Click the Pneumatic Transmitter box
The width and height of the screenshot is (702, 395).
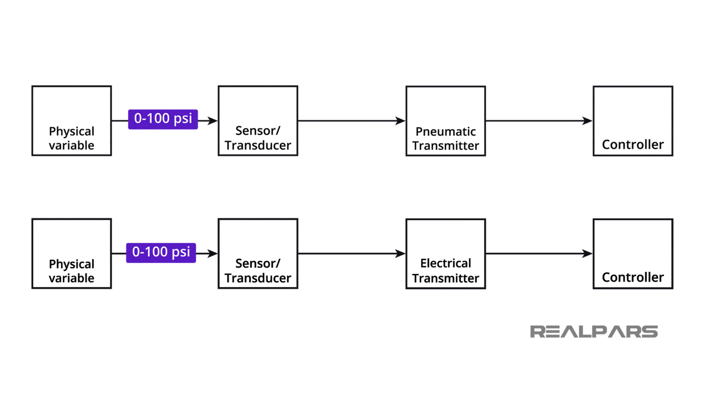tap(446, 121)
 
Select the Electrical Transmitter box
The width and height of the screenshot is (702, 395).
tap(446, 254)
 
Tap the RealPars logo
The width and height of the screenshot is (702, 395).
tap(594, 331)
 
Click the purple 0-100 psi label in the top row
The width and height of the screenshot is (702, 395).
tap(163, 119)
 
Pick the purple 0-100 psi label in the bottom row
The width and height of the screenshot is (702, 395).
tap(161, 252)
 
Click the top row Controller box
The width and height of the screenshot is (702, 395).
tap(632, 121)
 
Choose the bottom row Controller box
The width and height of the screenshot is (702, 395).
tap(632, 254)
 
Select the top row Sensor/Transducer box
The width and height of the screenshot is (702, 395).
tap(258, 121)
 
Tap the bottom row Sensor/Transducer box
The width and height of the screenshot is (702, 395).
tap(258, 254)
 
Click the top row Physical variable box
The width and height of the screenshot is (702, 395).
tap(72, 121)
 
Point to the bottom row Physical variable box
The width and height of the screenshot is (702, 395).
tap(72, 254)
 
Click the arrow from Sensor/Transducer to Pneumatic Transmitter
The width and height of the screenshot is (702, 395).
tap(351, 121)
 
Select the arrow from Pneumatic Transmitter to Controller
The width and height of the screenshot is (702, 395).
tap(539, 121)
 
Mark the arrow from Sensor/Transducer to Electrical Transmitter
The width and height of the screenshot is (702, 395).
tap(351, 254)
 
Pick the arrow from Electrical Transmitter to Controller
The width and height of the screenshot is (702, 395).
tap(539, 254)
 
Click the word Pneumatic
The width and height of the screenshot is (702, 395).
tap(446, 132)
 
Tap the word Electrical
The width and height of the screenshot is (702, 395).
tap(446, 263)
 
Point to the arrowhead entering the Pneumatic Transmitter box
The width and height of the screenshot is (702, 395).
tap(401, 121)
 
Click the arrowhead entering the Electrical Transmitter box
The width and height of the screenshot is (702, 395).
tap(401, 254)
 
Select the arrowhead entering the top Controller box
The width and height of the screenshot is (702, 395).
tap(588, 121)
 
